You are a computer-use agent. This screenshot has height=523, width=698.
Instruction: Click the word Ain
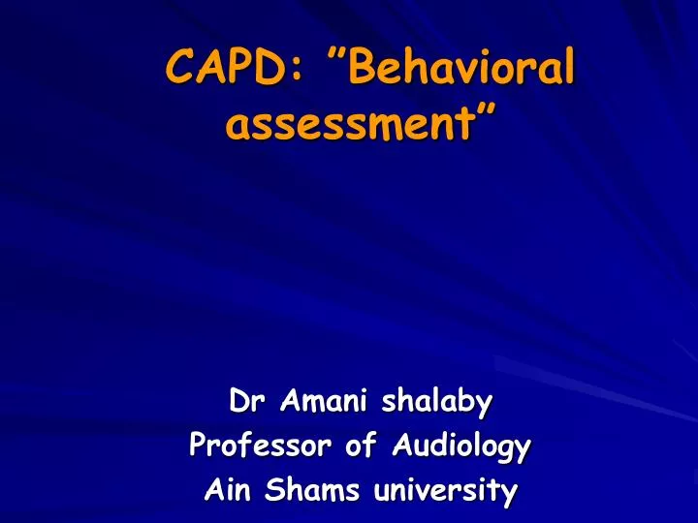click(x=226, y=491)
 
